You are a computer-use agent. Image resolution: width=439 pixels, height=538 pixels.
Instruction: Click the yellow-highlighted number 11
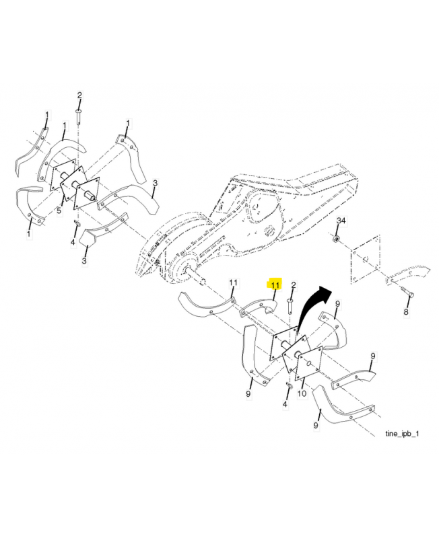[x=275, y=285]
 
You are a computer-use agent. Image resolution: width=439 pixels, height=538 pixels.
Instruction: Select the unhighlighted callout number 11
[x=233, y=282]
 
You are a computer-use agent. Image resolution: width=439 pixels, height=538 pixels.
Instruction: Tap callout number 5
[x=59, y=210]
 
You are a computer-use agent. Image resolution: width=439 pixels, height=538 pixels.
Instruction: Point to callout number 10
[x=302, y=393]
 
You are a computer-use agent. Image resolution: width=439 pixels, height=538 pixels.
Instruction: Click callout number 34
[x=341, y=221]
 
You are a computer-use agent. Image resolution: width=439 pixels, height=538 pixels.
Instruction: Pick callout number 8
[x=406, y=312]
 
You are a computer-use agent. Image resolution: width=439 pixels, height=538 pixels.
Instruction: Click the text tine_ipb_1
[x=402, y=434]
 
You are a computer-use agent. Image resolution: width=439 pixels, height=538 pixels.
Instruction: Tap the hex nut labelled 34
[x=337, y=238]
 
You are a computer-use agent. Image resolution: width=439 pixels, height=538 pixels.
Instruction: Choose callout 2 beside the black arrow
[x=294, y=285]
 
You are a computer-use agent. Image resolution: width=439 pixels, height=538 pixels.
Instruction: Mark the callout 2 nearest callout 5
[x=79, y=95]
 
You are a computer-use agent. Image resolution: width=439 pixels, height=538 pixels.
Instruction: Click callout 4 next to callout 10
[x=285, y=405]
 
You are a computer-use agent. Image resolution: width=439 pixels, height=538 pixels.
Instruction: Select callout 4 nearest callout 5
[x=73, y=243]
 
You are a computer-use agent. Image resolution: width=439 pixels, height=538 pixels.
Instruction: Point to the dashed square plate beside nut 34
[x=365, y=259]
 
